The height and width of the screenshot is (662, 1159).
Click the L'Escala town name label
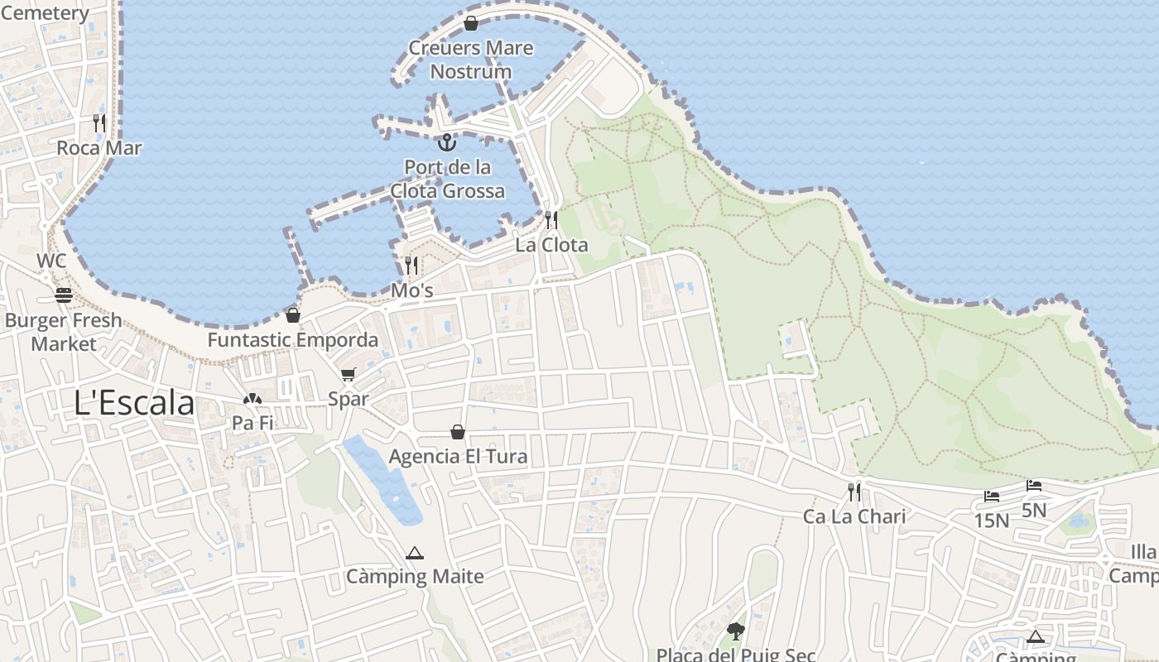tap(134, 403)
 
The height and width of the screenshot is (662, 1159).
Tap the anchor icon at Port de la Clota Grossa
tap(447, 142)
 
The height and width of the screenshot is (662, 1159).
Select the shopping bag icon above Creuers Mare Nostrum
tap(471, 23)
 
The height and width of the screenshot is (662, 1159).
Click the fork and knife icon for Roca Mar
tap(99, 123)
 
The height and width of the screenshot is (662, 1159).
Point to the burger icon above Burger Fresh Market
tap(64, 295)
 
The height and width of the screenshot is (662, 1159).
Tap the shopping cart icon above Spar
tap(349, 375)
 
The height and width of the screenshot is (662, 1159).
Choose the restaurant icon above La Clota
tap(551, 220)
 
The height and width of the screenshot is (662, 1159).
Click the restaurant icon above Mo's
tap(411, 266)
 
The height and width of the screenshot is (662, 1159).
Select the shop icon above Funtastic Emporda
tap(293, 315)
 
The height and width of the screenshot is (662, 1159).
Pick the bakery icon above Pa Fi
tap(252, 399)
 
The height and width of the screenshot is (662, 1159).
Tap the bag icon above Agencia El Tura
tap(458, 432)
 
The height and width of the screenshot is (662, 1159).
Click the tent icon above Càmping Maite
tap(415, 553)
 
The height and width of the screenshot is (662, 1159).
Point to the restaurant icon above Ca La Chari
tap(854, 492)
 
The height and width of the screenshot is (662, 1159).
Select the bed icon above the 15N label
tap(992, 496)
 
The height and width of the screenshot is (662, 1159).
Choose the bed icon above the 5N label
tap(1034, 486)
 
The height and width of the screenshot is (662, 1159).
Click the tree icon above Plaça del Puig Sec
tap(735, 632)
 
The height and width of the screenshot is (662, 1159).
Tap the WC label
tap(51, 261)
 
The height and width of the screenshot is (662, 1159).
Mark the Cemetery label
tap(45, 13)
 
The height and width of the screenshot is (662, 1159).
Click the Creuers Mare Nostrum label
tap(471, 60)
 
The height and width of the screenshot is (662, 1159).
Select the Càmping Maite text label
tap(415, 576)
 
